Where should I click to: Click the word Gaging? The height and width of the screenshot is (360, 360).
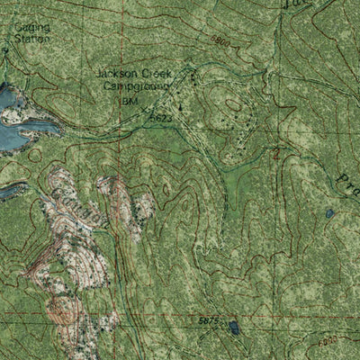click(x=31, y=27)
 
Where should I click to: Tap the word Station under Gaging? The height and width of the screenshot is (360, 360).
click(x=32, y=39)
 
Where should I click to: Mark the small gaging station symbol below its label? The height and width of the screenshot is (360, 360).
click(x=4, y=50)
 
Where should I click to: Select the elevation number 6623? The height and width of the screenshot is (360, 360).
click(x=161, y=118)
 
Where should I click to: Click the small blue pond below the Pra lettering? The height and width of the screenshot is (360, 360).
click(x=330, y=214)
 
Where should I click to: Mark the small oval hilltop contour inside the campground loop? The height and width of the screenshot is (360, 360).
click(x=233, y=105)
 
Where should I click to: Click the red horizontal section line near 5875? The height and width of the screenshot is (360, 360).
click(x=162, y=317)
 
